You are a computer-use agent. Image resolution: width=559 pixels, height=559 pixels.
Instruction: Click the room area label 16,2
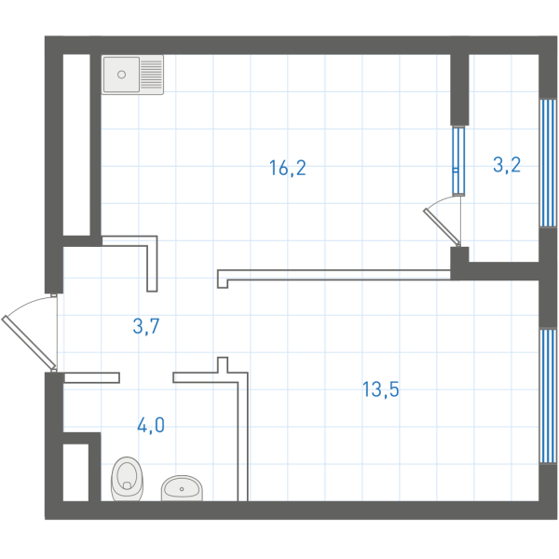click(x=288, y=168)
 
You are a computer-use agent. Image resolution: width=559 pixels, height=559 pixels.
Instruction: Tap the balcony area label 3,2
click(x=507, y=165)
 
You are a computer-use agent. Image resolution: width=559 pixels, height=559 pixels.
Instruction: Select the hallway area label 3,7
click(x=146, y=326)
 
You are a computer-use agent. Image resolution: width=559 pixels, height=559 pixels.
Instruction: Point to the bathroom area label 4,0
click(x=151, y=425)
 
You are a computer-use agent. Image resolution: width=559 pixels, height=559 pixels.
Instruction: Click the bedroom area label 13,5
click(x=381, y=389)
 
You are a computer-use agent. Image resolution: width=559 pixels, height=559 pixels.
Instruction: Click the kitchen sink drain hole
click(x=121, y=75)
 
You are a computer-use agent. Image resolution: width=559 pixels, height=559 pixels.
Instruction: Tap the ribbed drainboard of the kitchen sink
click(x=152, y=75)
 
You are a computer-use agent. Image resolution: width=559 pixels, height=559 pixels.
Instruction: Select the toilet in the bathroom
click(x=128, y=479)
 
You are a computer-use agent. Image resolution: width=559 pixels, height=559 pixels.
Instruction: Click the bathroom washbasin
click(x=182, y=487)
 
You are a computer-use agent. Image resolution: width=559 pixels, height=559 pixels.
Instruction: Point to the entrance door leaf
click(x=29, y=342)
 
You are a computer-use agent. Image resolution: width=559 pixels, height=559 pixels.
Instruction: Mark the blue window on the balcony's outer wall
click(x=548, y=163)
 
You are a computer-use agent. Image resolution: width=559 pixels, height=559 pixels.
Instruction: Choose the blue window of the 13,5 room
click(x=548, y=396)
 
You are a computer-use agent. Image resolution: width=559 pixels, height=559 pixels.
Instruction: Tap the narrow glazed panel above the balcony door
click(x=458, y=160)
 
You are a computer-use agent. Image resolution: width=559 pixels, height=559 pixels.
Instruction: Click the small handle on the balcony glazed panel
click(x=456, y=170)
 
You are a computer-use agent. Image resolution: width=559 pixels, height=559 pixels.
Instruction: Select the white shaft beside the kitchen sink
click(x=76, y=144)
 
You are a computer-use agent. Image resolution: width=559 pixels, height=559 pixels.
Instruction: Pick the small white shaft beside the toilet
click(x=75, y=472)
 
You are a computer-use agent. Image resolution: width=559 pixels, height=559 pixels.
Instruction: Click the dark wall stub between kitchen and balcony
click(x=459, y=89)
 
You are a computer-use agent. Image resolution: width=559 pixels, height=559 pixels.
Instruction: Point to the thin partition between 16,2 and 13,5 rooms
click(x=334, y=275)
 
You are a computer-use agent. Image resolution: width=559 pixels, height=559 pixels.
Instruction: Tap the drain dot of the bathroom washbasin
click(x=182, y=489)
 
